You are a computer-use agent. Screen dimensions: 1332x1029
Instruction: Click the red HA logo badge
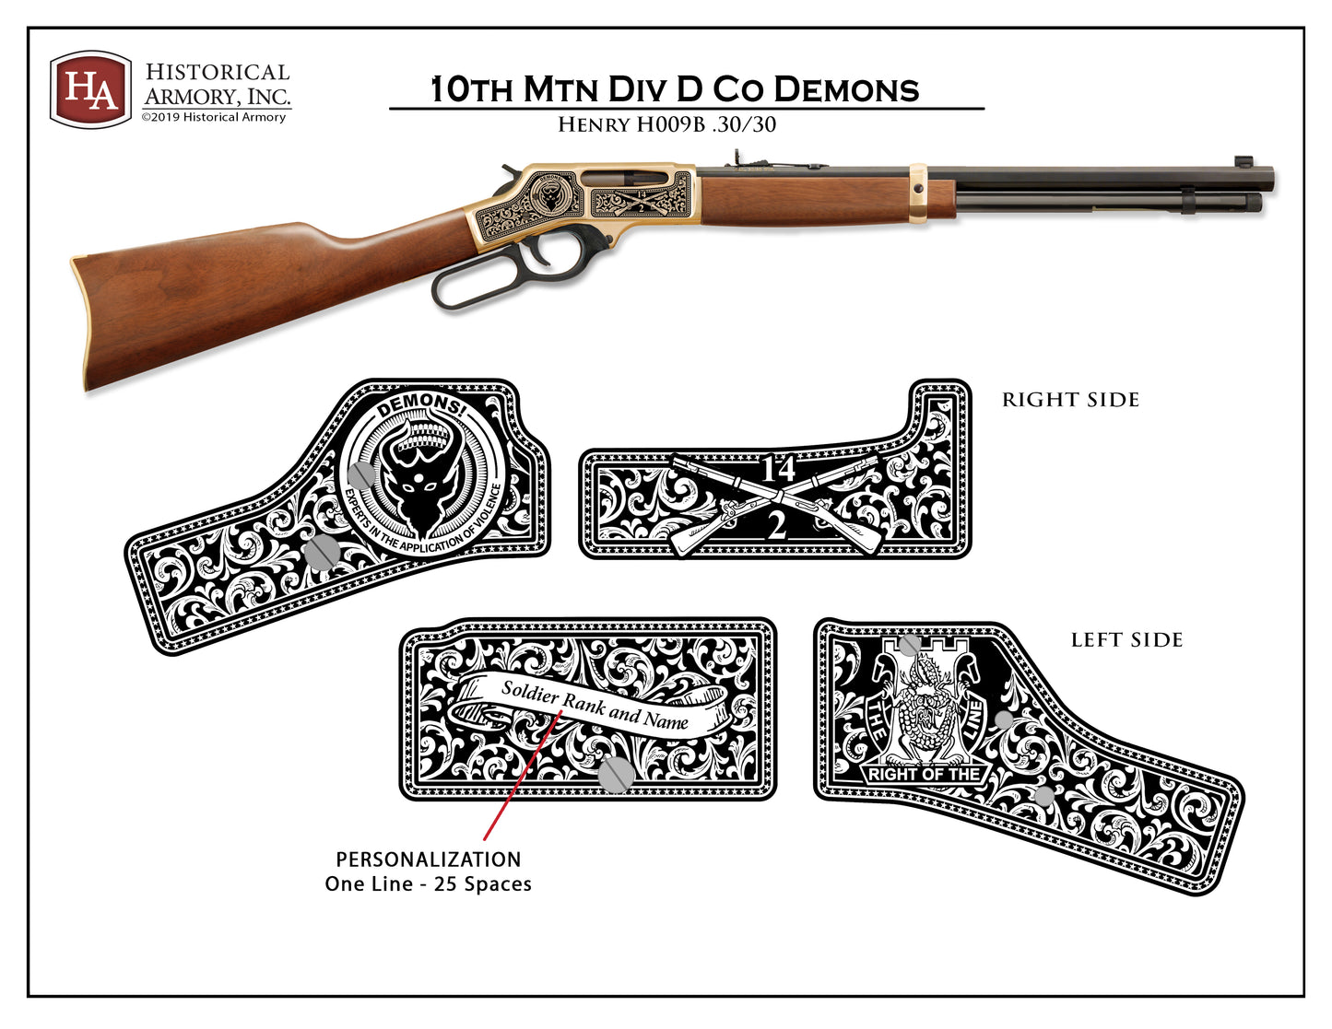pos(90,89)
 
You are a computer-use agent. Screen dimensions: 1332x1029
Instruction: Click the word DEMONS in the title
pos(846,89)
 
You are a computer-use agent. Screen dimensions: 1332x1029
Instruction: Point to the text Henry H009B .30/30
pos(666,125)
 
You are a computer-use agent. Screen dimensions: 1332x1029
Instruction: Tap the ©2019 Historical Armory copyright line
pos(213,117)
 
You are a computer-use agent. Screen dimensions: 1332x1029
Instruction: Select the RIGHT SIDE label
pos(1070,400)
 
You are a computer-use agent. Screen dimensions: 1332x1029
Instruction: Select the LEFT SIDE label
pos(1126,640)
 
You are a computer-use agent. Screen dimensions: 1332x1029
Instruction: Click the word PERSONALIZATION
pos(429,859)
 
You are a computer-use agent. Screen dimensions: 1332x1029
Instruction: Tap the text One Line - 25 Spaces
pos(429,883)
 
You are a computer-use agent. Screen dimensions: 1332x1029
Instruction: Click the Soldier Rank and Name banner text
pos(595,705)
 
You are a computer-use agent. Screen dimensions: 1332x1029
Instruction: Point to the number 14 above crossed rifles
pos(778,469)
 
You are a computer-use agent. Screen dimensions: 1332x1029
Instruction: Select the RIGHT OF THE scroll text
pos(924,774)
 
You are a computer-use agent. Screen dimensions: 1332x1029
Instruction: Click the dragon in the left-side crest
pos(925,701)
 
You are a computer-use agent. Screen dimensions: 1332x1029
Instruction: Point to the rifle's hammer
pos(510,172)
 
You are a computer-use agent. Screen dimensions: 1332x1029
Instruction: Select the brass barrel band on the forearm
pos(917,193)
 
